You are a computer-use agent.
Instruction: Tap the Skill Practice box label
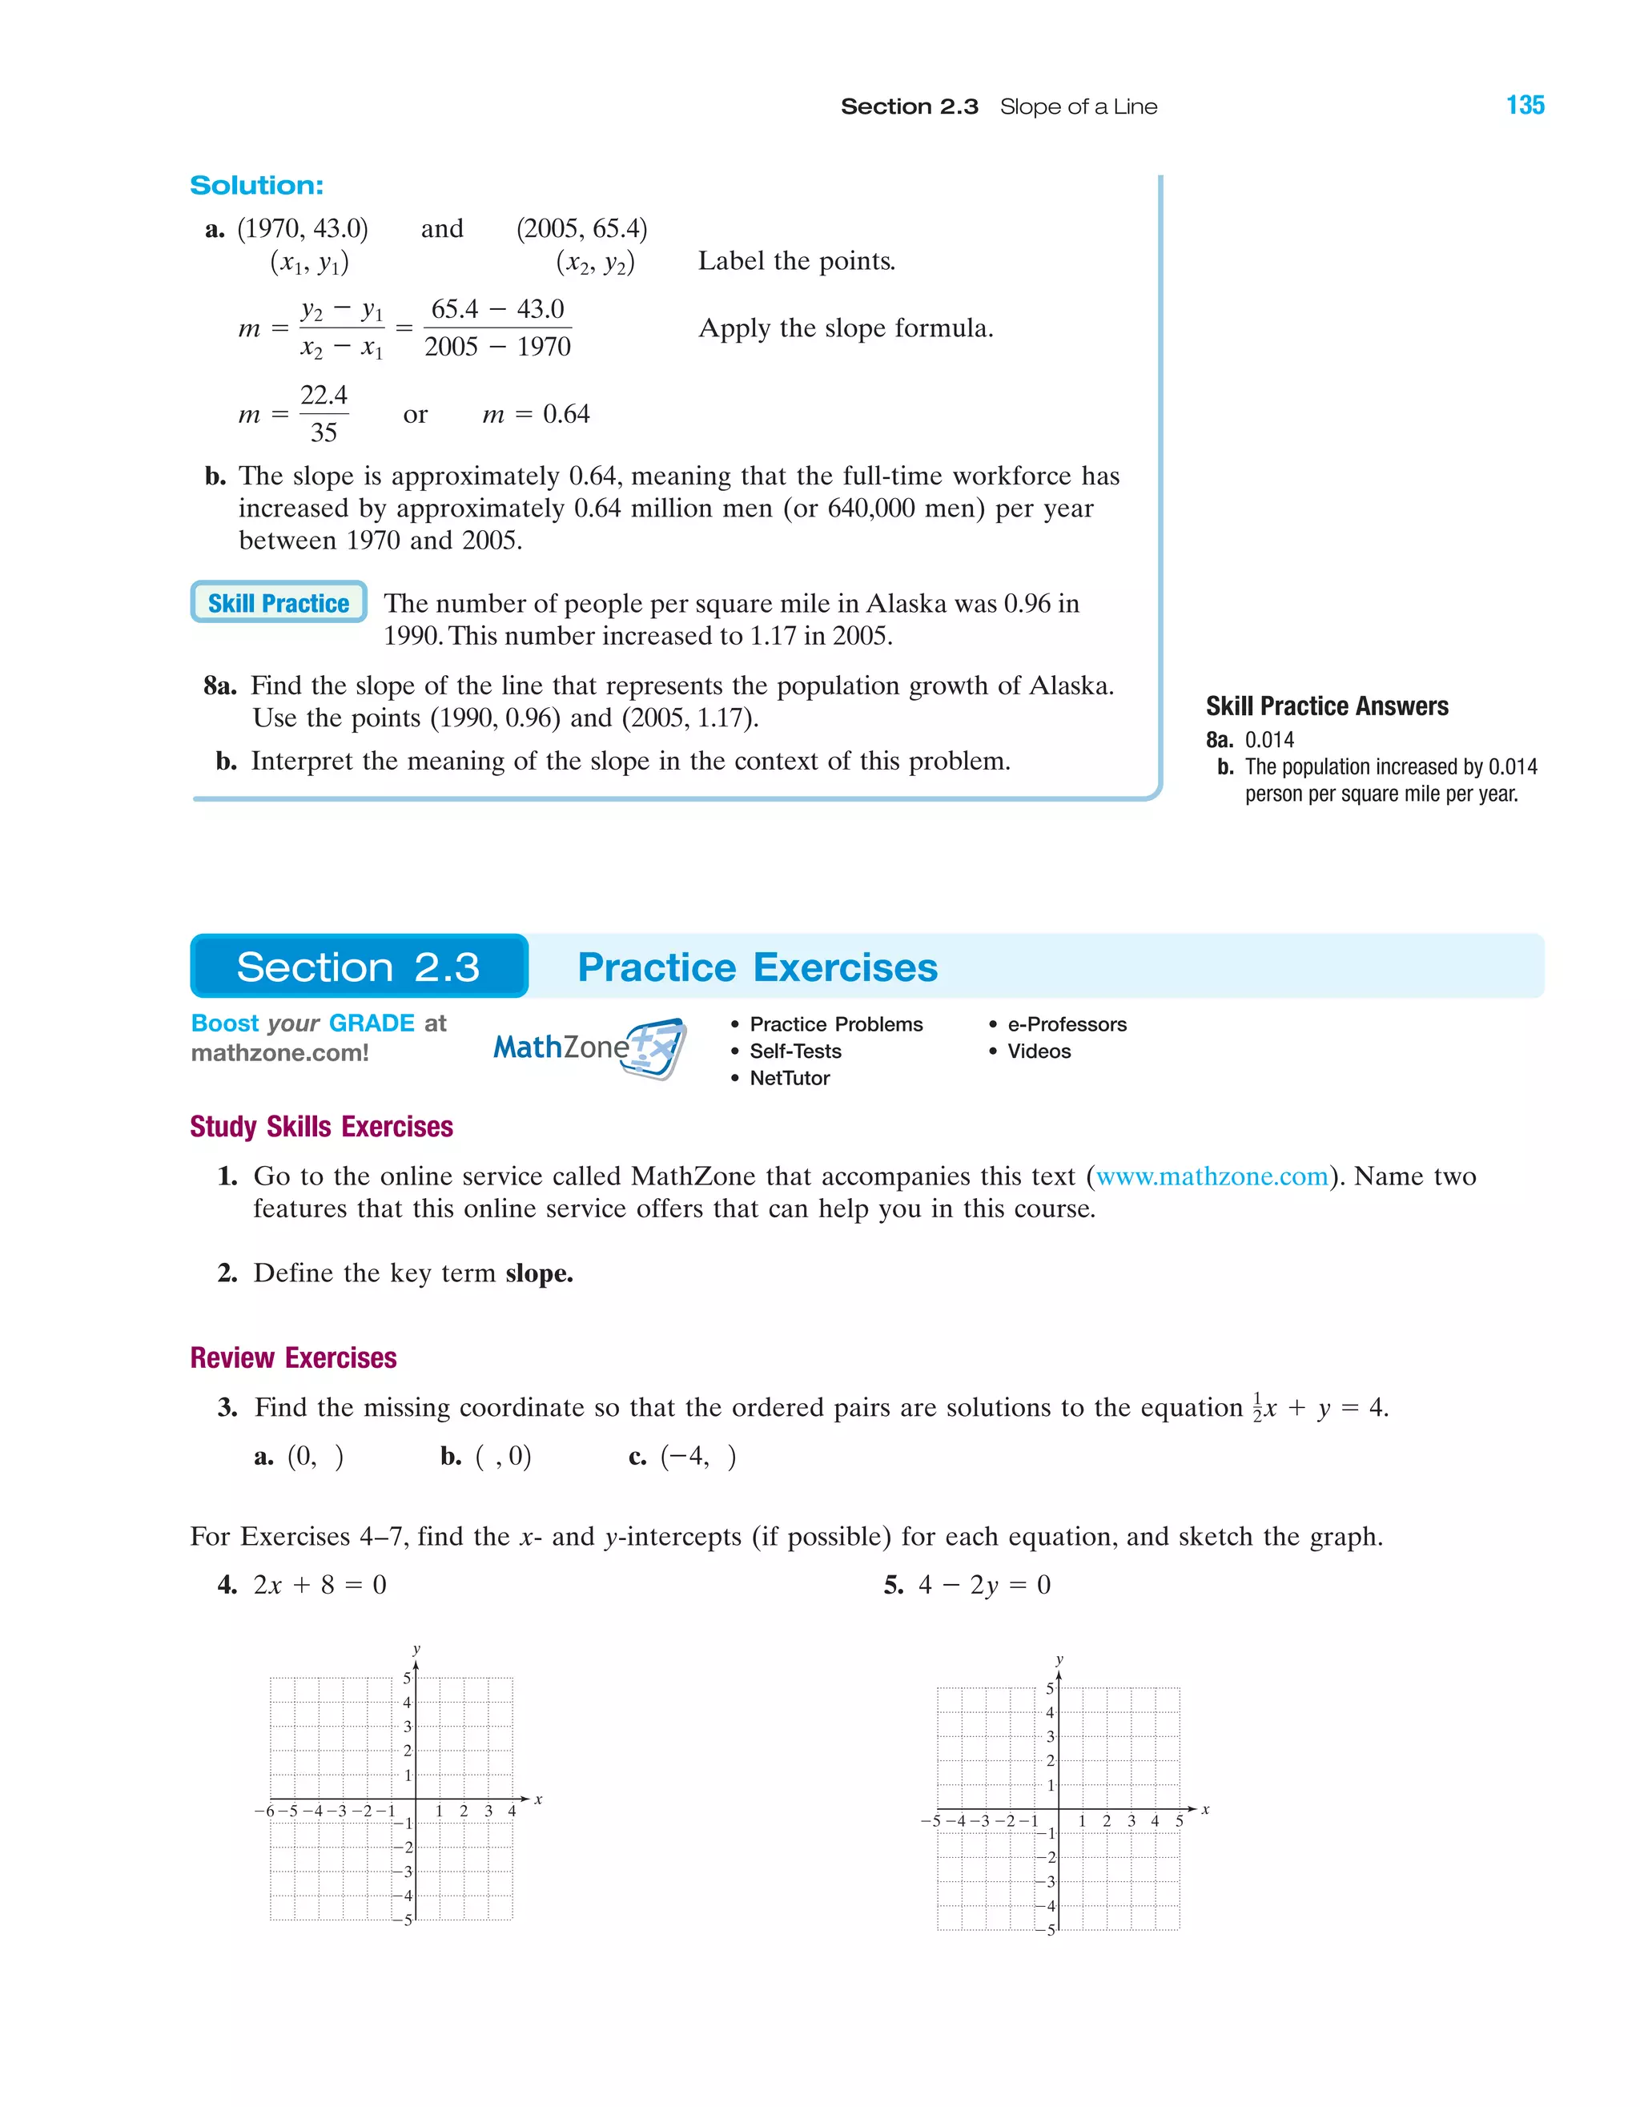pos(278,603)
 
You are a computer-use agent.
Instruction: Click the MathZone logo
pos(589,1047)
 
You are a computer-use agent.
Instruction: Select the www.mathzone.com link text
pos(1212,1176)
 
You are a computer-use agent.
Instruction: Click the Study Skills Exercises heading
pos(321,1127)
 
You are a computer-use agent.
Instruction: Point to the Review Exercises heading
pos(293,1358)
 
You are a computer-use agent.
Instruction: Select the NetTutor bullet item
pos(789,1078)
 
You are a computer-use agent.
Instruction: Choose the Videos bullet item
pos(1038,1051)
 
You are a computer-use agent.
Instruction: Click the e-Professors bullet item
pos(1066,1023)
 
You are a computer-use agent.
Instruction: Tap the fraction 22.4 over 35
pos(324,414)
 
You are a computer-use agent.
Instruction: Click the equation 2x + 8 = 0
pos(320,1585)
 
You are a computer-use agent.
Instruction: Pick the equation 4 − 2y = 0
pos(984,1585)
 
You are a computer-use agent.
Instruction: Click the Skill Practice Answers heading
pos(1326,706)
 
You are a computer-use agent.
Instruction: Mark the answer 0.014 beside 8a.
pos(1268,740)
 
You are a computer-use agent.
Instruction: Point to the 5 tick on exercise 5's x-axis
pos(1179,1820)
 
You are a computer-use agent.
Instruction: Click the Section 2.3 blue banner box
pos(359,967)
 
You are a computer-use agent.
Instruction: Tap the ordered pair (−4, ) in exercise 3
pos(697,1456)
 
